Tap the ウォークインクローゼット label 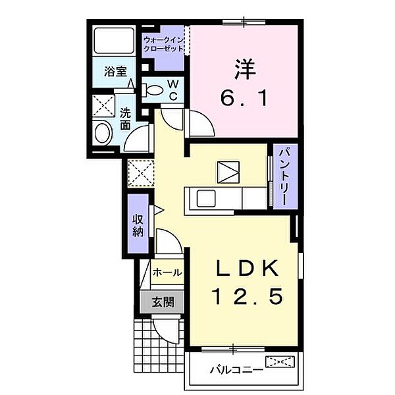click(163, 45)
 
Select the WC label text click(172, 90)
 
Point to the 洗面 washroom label click(125, 113)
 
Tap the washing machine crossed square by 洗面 click(103, 105)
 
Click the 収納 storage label click(138, 225)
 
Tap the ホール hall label click(167, 272)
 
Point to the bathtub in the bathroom click(115, 40)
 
